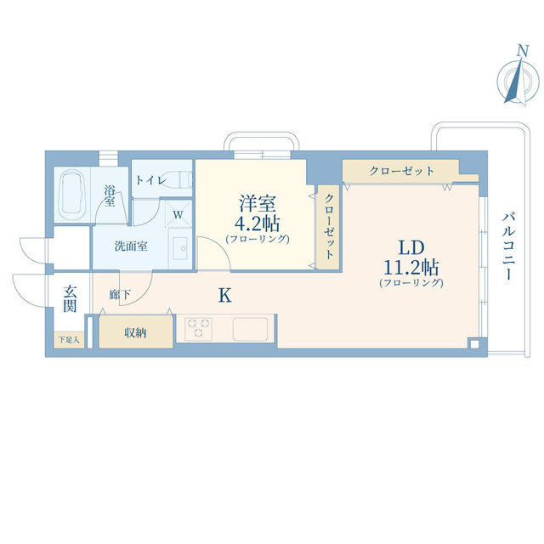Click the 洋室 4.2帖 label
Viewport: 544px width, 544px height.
(x=258, y=218)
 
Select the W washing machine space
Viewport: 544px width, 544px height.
(x=178, y=215)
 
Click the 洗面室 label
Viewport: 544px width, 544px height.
(x=132, y=246)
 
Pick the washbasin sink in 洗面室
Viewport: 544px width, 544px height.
(x=180, y=248)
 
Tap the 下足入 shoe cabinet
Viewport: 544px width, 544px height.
(x=69, y=341)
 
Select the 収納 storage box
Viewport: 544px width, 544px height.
(x=135, y=332)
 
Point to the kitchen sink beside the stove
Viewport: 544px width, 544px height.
(x=250, y=327)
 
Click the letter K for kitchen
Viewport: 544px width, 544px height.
(x=224, y=295)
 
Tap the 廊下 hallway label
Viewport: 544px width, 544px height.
(x=119, y=295)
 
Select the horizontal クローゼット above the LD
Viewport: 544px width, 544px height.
(x=400, y=171)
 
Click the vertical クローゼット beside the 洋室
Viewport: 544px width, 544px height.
(x=328, y=224)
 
